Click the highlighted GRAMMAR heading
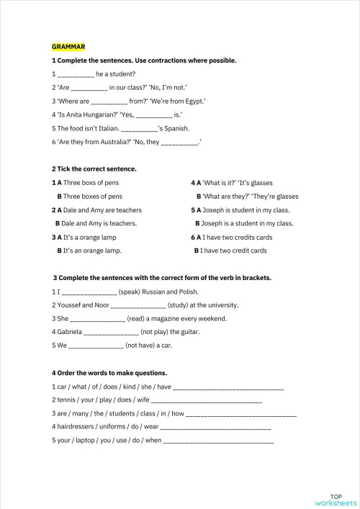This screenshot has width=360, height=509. point(68,47)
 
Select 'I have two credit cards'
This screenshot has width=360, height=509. point(235,251)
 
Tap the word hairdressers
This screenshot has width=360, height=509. point(81,427)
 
